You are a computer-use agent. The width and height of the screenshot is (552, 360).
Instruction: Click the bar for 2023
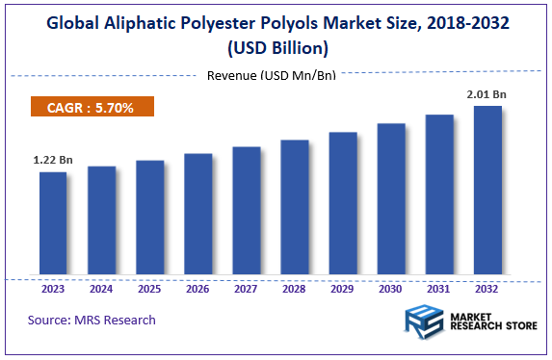53,221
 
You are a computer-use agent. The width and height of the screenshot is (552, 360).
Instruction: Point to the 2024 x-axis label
101,287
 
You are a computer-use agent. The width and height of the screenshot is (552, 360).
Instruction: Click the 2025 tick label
149,287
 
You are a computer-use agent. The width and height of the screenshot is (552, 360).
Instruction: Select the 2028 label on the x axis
295,287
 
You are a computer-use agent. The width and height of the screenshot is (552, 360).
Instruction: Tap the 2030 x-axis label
391,287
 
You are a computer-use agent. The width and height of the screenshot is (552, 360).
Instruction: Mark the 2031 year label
439,287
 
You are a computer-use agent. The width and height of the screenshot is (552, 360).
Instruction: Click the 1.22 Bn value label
52,159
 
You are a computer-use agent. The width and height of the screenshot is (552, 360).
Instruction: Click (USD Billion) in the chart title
276,47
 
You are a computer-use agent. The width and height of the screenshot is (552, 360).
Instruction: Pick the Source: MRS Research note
92,320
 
